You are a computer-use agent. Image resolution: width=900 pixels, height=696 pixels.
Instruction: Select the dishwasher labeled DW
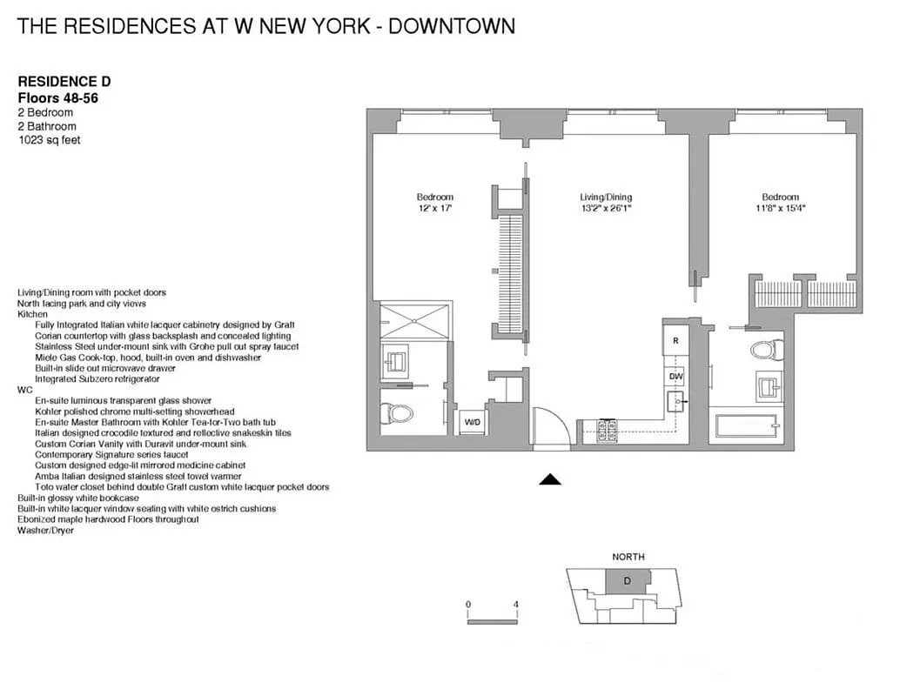pyautogui.click(x=675, y=377)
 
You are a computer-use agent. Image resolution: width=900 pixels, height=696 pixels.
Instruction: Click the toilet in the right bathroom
pyautogui.click(x=762, y=351)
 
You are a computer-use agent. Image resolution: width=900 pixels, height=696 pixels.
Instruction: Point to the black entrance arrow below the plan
pyautogui.click(x=550, y=478)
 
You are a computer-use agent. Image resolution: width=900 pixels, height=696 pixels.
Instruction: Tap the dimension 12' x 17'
pyautogui.click(x=434, y=209)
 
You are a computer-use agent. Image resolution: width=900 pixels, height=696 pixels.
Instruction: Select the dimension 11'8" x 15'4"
pyautogui.click(x=780, y=209)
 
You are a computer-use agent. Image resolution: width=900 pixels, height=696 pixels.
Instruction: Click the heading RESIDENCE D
pyautogui.click(x=64, y=82)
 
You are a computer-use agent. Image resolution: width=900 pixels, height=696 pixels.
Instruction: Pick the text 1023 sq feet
pyautogui.click(x=49, y=140)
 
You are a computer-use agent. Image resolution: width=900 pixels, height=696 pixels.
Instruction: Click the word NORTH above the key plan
pyautogui.click(x=628, y=557)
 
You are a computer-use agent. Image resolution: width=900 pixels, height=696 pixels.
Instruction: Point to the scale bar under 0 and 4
pyautogui.click(x=493, y=621)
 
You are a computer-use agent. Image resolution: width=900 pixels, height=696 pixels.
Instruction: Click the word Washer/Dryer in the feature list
pyautogui.click(x=45, y=531)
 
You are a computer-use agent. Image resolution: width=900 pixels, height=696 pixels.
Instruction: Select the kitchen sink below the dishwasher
pyautogui.click(x=675, y=401)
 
